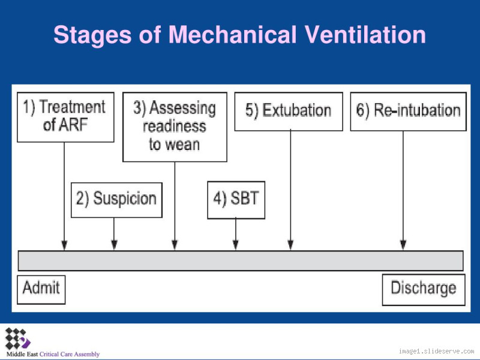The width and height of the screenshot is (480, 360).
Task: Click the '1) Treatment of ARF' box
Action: [x=65, y=117]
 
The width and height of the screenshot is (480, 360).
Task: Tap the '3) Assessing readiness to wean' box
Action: [x=175, y=127]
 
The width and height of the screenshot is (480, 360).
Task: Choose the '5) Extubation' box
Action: [x=288, y=111]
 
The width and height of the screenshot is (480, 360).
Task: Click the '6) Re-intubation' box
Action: [x=408, y=111]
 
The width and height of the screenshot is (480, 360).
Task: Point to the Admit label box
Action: [x=41, y=289]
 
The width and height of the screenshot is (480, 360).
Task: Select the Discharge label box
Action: [x=424, y=289]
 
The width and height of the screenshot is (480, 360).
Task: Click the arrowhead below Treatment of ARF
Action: [x=64, y=245]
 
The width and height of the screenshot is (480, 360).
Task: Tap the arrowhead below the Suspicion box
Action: [x=114, y=245]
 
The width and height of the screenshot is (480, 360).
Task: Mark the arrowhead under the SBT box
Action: [x=236, y=245]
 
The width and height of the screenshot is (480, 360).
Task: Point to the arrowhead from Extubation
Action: [x=290, y=245]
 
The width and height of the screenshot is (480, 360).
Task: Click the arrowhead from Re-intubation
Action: [x=403, y=245]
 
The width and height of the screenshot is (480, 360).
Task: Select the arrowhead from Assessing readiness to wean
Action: [x=175, y=245]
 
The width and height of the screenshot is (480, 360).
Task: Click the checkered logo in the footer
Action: [x=17, y=339]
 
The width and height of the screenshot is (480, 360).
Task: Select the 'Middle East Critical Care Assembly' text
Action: [x=53, y=354]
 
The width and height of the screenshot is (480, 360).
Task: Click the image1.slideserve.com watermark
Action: [x=436, y=351]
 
